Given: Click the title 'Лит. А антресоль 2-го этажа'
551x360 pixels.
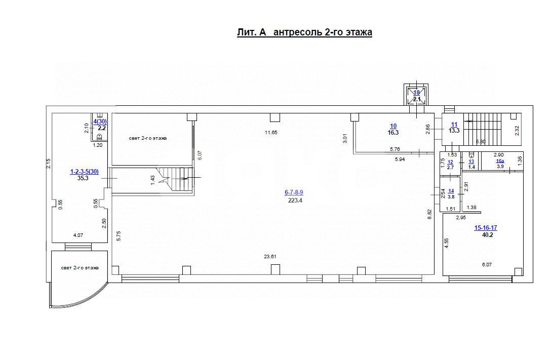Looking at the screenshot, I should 304,33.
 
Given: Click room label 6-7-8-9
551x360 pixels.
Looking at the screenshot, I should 294,192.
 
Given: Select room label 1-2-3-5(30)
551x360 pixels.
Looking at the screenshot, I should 84,172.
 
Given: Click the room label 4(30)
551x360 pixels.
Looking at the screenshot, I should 100,122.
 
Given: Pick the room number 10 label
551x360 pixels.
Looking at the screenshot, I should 393,126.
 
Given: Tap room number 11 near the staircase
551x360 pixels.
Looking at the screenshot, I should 454,124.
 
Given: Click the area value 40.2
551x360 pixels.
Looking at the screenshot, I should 487,234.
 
